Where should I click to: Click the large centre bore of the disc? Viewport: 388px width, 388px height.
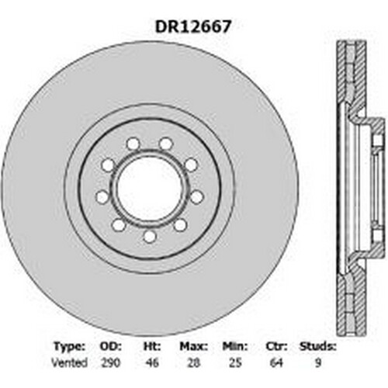click(149, 189)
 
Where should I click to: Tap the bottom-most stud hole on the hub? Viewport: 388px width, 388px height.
click(149, 237)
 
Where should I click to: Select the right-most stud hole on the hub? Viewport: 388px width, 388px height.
click(197, 197)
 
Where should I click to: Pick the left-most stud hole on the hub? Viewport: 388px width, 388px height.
click(102, 197)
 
